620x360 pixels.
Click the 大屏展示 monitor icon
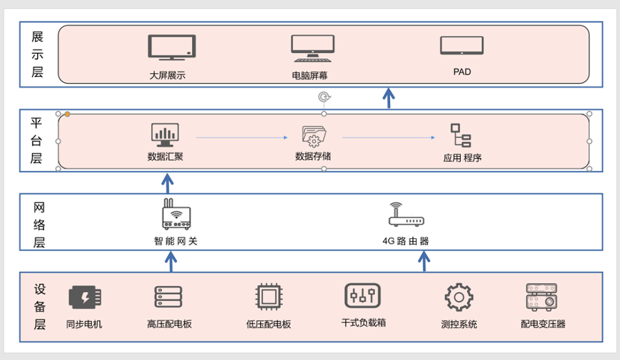(x=172, y=48)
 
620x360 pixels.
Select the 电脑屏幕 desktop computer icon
(x=312, y=49)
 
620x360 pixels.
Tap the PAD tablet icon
(x=462, y=46)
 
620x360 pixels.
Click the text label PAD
(x=462, y=72)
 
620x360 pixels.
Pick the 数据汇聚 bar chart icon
(x=165, y=134)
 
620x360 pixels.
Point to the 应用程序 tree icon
(x=460, y=136)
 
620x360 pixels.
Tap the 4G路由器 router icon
(x=406, y=215)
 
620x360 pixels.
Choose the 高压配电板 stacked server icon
(x=169, y=297)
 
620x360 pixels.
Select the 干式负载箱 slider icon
(x=363, y=296)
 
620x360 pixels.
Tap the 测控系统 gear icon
(x=458, y=297)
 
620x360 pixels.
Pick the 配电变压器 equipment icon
(x=542, y=297)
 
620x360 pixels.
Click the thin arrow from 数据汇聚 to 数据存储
(x=241, y=137)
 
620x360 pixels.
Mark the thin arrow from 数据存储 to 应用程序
(x=388, y=137)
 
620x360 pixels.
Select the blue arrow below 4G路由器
(x=424, y=261)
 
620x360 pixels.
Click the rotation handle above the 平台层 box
(x=323, y=97)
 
